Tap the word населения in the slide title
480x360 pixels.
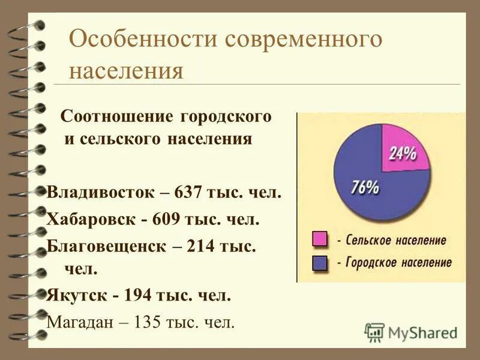click(125, 70)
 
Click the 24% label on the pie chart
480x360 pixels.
click(403, 154)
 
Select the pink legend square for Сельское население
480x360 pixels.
click(319, 240)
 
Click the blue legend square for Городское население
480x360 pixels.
click(319, 262)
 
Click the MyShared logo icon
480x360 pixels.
click(374, 332)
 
